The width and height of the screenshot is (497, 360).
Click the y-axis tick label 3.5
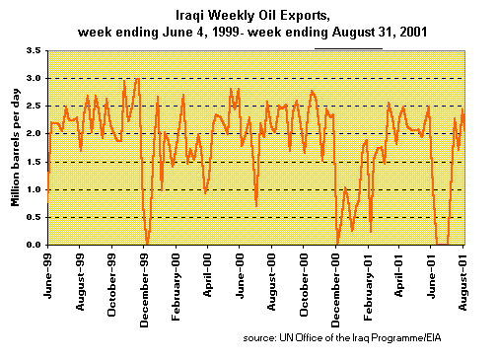(35, 49)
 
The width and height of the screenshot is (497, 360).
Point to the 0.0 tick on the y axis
(35, 245)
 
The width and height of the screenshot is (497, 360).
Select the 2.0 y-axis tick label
(35, 133)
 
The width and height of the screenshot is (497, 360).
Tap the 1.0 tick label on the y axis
(35, 189)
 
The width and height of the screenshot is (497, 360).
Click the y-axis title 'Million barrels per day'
(15, 147)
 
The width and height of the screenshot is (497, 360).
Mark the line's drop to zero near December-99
(147, 243)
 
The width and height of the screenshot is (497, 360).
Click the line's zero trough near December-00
(337, 243)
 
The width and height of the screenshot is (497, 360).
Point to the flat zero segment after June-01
(443, 244)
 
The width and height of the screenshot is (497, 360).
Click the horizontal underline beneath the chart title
(348, 47)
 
